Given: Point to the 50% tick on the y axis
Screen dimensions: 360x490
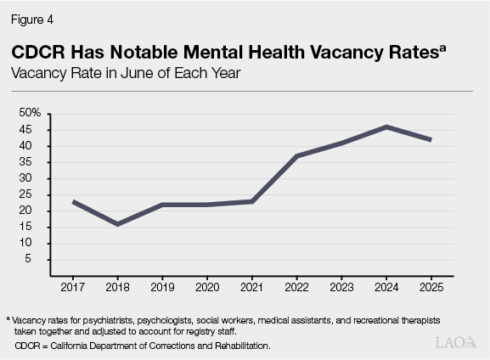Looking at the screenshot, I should coord(31,113).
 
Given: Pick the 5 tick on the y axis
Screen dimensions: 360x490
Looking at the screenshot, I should coord(38,259).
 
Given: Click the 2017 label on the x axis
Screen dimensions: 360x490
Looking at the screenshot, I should coord(74,288).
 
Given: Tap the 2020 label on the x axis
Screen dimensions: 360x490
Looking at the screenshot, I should coord(207,288).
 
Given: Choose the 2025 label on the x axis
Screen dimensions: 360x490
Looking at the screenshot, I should coord(431,288).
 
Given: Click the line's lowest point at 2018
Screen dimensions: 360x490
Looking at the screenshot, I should coord(118,224).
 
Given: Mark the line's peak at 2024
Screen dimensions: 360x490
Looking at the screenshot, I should coord(386,127).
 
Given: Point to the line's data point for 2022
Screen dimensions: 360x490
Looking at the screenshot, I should coord(296,155).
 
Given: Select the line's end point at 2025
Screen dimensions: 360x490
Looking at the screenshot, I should coord(431,139).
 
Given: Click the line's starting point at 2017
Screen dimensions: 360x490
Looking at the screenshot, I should coord(74,201).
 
